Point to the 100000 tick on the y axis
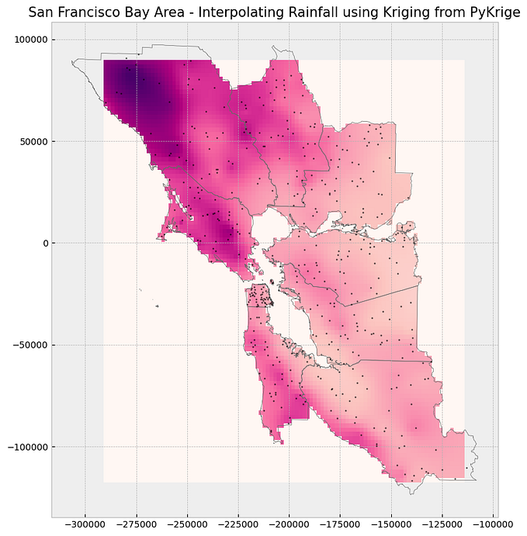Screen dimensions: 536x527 pyautogui.click(x=28, y=40)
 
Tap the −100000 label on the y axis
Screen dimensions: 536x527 pyautogui.click(x=26, y=447)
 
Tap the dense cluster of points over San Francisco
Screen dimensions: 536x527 pyautogui.click(x=260, y=297)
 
